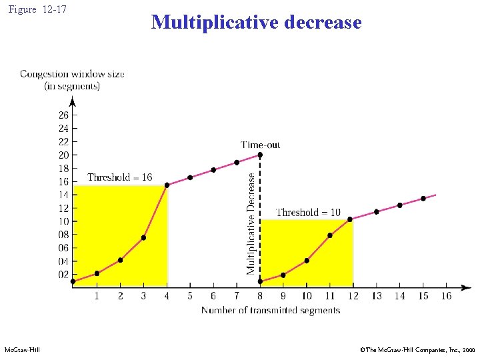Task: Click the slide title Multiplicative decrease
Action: pyautogui.click(x=256, y=23)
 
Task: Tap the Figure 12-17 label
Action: pyautogui.click(x=38, y=9)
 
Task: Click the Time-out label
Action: pyautogui.click(x=260, y=145)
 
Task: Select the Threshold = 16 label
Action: pyautogui.click(x=119, y=177)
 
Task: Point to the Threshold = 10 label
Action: pyautogui.click(x=308, y=212)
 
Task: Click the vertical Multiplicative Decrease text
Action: pyautogui.click(x=251, y=223)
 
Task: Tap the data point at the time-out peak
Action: pyautogui.click(x=260, y=155)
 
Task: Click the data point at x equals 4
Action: pyautogui.click(x=167, y=185)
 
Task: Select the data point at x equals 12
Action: pyautogui.click(x=350, y=219)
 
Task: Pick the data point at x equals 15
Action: pyautogui.click(x=423, y=199)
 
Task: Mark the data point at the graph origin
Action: pyautogui.click(x=73, y=281)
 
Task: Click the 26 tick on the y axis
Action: pyautogui.click(x=63, y=115)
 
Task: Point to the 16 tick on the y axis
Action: pyautogui.click(x=63, y=181)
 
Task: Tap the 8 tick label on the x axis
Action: pyautogui.click(x=260, y=296)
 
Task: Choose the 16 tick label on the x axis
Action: pyautogui.click(x=446, y=296)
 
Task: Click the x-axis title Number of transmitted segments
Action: pyautogui.click(x=270, y=310)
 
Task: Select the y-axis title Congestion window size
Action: pyautogui.click(x=72, y=74)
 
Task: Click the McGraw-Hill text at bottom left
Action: pyautogui.click(x=22, y=349)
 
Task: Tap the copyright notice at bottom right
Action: pyautogui.click(x=417, y=349)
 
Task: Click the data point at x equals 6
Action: pyautogui.click(x=213, y=170)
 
